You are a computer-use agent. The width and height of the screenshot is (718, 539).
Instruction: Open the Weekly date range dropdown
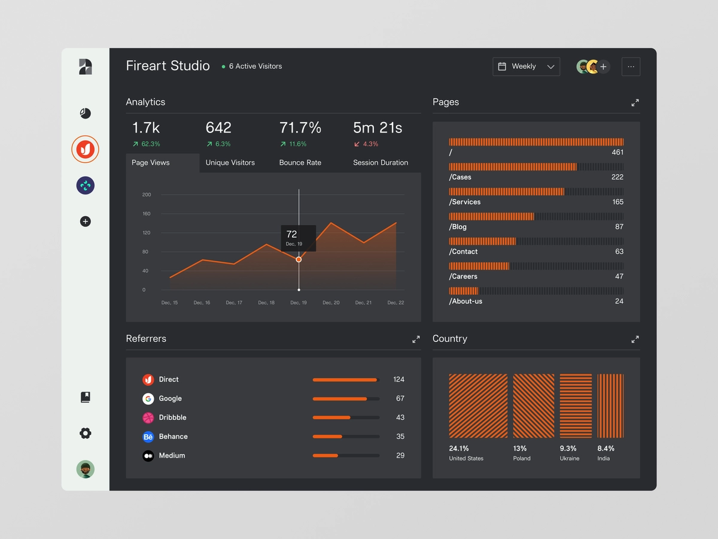(526, 66)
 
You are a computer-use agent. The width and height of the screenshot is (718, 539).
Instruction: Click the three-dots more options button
(631, 66)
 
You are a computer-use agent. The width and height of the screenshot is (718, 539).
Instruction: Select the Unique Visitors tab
(230, 162)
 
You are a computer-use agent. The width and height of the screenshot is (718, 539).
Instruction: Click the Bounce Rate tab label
(300, 162)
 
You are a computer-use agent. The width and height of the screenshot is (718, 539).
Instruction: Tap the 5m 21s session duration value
(377, 128)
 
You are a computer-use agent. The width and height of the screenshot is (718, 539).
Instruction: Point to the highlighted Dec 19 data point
(299, 259)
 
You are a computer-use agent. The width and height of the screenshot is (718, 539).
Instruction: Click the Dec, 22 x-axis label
(395, 303)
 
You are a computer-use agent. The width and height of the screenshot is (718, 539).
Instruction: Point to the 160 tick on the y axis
(147, 214)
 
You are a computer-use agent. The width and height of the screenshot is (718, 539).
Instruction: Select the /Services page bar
(506, 192)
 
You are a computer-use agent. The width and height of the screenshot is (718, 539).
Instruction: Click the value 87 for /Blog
(619, 227)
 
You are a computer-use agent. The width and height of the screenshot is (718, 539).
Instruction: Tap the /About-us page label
(466, 301)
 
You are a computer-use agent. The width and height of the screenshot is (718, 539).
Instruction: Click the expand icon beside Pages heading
(635, 103)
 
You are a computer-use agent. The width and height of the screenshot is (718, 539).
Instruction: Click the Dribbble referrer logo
(148, 417)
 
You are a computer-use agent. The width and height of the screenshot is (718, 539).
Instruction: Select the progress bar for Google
(346, 399)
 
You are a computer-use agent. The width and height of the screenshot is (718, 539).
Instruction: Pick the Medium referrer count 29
(400, 456)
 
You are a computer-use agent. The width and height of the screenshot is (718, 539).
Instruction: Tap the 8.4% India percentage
(606, 449)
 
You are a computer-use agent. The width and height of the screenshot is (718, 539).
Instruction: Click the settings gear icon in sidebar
(86, 433)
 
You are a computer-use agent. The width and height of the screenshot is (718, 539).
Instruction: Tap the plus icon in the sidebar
(86, 222)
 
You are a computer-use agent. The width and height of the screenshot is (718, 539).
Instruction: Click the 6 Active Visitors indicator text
(255, 66)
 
